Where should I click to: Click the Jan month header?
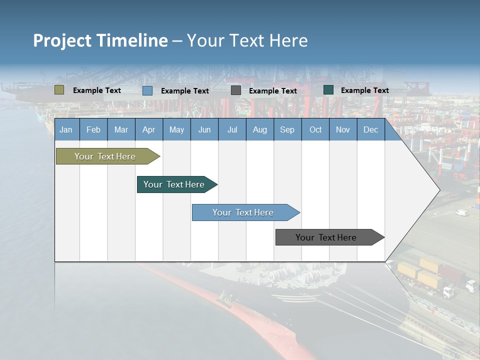66,130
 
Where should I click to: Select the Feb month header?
93,130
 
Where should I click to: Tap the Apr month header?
148,130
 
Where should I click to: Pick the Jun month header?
204,130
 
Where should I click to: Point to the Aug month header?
259,130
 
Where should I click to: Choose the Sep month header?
287,130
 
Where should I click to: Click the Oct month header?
315,130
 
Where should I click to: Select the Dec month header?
370,130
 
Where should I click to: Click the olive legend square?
59,90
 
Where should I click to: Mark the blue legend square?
147,90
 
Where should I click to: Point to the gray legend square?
236,90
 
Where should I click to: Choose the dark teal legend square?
328,90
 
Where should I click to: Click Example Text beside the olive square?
97,90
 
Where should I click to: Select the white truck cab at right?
470,285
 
